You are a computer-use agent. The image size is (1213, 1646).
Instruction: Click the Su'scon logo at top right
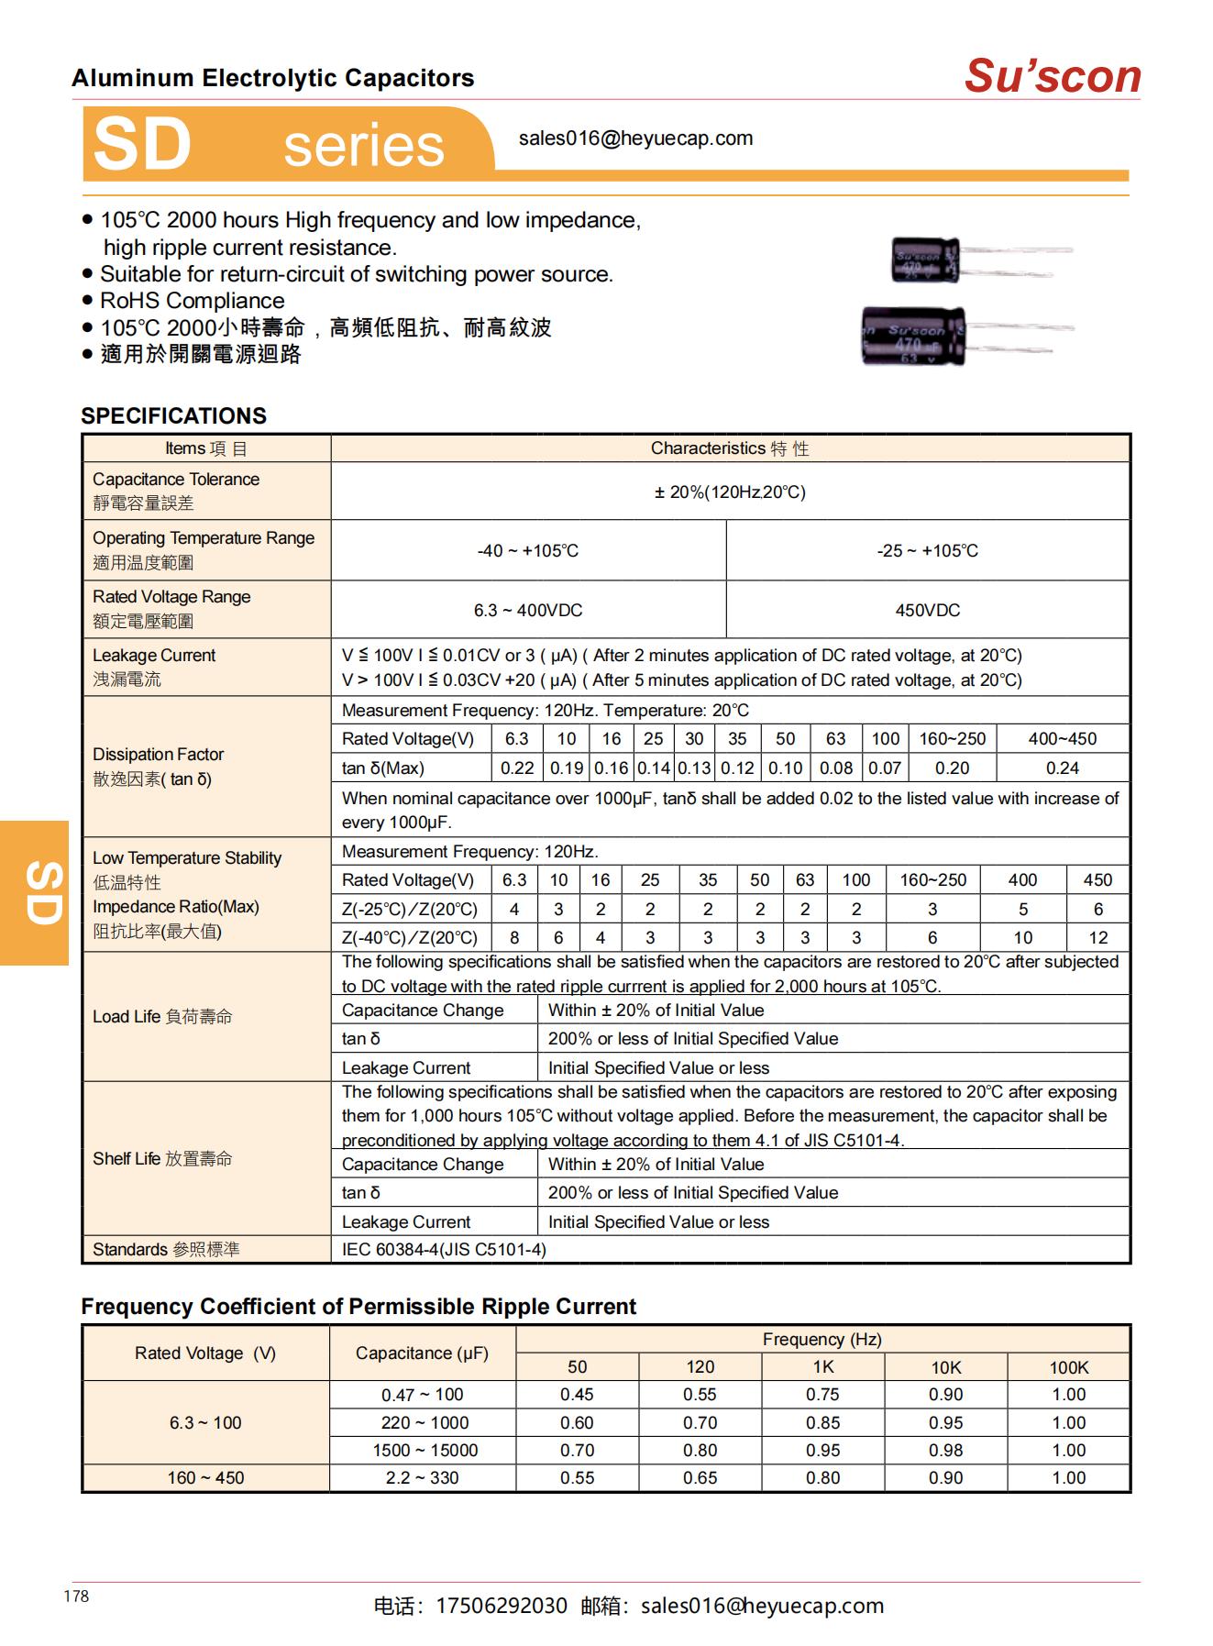[1052, 76]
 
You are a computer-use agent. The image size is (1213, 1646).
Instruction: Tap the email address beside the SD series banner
[635, 138]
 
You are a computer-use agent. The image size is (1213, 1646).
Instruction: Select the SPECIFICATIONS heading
[173, 415]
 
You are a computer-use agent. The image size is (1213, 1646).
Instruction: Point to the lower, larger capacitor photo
[914, 336]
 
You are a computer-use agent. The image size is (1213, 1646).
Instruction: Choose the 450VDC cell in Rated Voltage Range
[927, 610]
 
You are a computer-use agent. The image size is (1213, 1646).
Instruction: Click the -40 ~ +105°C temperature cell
[528, 550]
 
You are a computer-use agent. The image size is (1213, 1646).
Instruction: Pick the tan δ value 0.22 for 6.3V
[517, 768]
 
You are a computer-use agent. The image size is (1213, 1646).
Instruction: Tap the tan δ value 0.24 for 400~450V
[1062, 768]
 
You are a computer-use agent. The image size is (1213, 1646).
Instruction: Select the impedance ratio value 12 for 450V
[1097, 937]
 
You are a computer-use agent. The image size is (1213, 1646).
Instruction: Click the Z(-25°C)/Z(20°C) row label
[410, 909]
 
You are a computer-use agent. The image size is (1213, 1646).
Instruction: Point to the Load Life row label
[162, 1016]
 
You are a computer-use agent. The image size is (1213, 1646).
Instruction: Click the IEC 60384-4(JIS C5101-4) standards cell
[444, 1249]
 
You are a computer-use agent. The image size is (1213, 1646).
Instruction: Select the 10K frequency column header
[945, 1367]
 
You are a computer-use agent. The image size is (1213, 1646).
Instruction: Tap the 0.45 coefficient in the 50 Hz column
[577, 1395]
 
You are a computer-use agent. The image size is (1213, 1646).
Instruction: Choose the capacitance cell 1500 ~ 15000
[422, 1450]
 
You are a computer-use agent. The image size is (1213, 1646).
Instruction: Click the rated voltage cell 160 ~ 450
[205, 1477]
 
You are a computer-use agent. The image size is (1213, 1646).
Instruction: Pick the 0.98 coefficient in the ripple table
[945, 1450]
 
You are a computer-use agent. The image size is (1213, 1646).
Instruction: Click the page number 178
[76, 1596]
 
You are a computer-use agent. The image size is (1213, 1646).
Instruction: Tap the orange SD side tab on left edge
[35, 892]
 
